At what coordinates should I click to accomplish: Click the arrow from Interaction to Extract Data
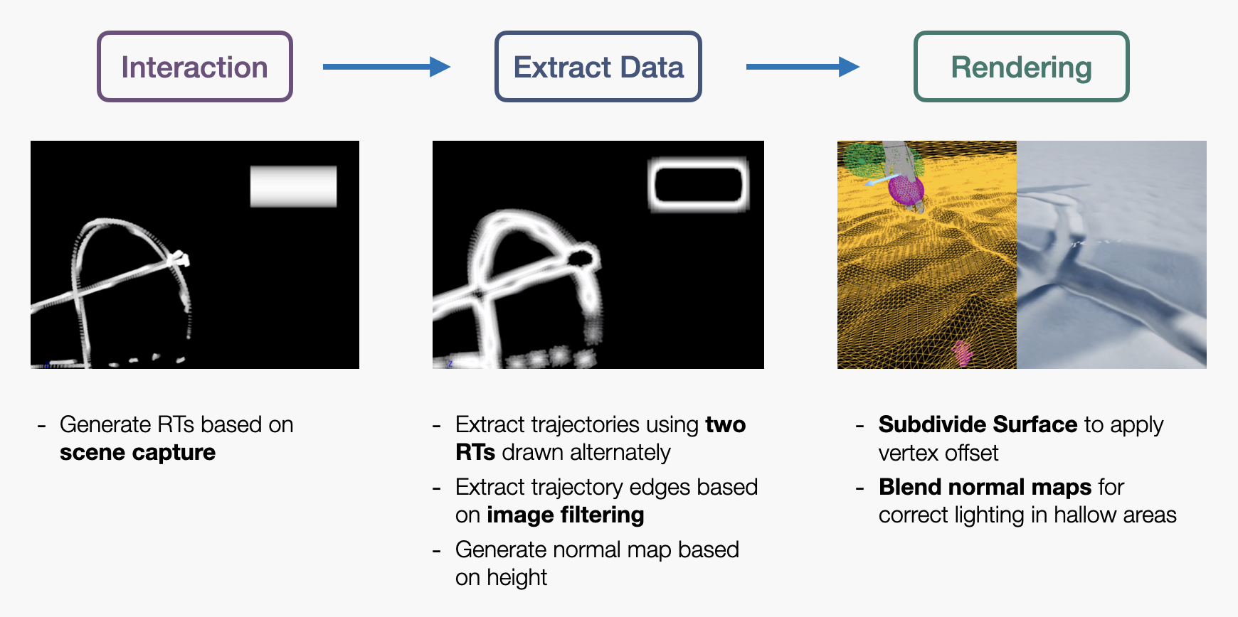(x=386, y=67)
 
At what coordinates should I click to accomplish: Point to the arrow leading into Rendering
(x=803, y=67)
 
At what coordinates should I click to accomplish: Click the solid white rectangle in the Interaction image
(x=293, y=186)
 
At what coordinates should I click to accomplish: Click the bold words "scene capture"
(x=137, y=453)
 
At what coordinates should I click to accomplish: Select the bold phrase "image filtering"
(x=566, y=515)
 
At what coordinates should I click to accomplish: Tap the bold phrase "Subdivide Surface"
(x=978, y=424)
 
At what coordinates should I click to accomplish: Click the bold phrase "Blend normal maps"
(x=985, y=487)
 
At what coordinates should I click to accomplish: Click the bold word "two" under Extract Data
(x=726, y=425)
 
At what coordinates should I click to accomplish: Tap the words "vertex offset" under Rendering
(x=938, y=453)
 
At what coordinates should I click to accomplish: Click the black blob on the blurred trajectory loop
(x=582, y=257)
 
